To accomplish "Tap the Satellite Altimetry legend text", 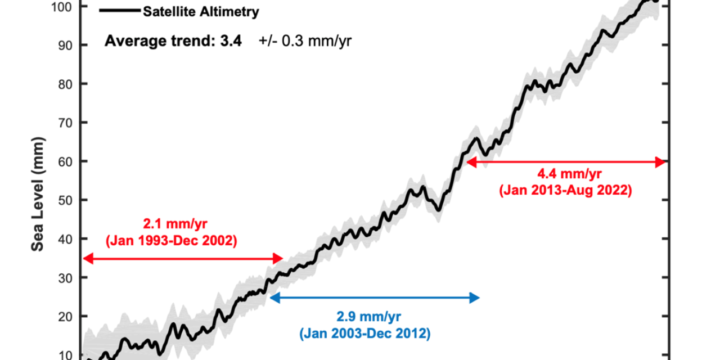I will pos(201,11).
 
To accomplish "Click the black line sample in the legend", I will pos(119,11).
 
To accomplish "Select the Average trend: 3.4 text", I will pos(173,41).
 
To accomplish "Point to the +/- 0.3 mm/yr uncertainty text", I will pos(305,41).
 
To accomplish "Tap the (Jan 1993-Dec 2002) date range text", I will pos(171,241).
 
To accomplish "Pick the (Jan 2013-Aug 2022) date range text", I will pos(565,191).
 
